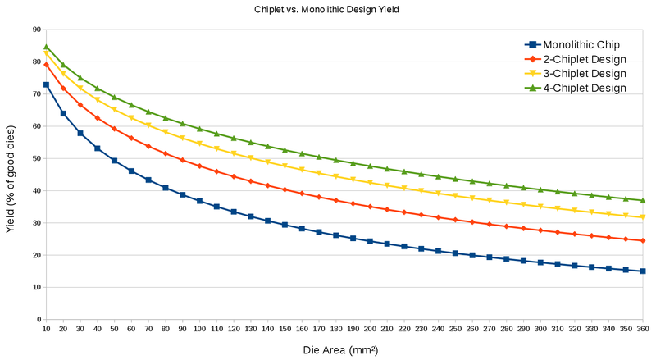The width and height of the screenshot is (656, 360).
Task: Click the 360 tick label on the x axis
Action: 643,329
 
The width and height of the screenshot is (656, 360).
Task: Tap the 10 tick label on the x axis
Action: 46,329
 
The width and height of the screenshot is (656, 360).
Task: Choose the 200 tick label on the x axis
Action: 370,329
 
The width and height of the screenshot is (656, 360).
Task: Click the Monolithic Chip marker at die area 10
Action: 47,84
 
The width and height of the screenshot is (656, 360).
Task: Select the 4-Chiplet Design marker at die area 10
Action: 47,48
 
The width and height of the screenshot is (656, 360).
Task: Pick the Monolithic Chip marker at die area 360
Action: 643,271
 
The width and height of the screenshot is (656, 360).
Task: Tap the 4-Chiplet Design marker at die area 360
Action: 643,200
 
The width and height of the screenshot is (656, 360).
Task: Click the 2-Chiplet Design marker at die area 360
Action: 643,240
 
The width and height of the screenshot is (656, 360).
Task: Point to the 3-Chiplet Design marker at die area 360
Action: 643,216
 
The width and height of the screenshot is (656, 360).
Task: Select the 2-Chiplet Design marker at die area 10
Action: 47,65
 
